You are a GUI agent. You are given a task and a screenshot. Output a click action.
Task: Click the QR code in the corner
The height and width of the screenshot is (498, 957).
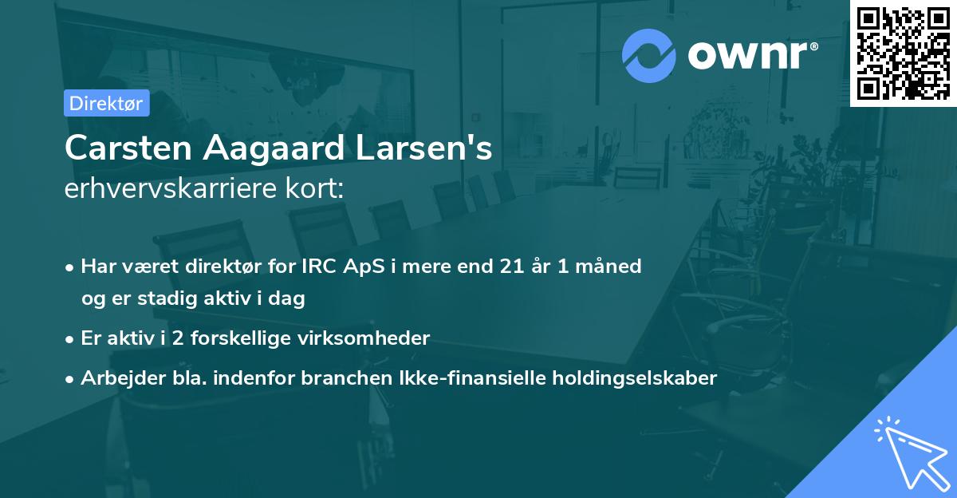tap(903, 53)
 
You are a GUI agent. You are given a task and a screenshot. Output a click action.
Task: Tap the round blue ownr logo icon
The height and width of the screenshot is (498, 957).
tap(649, 56)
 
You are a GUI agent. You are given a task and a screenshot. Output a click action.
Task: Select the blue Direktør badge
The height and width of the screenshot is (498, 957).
tap(106, 103)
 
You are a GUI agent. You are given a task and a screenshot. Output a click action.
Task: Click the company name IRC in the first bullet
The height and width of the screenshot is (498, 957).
tap(317, 266)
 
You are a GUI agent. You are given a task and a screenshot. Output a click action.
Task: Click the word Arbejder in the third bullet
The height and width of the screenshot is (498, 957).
tap(116, 378)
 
